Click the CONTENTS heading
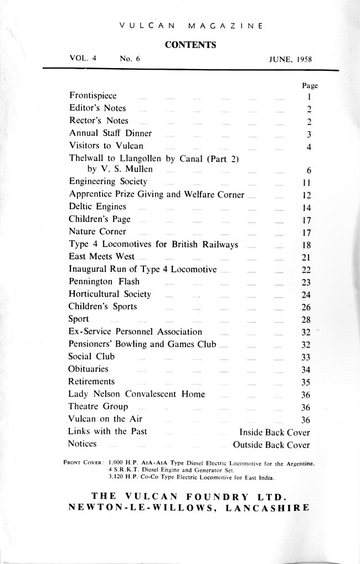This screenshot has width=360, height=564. (191, 45)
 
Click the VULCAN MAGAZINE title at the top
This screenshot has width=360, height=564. (190, 25)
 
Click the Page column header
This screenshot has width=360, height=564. (309, 85)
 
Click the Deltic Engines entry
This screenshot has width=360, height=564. (97, 206)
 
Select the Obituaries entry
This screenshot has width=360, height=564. (88, 369)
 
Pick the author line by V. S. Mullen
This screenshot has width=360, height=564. (120, 169)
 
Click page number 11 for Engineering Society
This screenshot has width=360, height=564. (309, 182)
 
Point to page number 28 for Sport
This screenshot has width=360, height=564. (309, 320)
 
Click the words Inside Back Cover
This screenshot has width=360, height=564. (274, 432)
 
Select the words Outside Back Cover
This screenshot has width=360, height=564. (271, 444)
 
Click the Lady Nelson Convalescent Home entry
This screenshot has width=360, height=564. (136, 395)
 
